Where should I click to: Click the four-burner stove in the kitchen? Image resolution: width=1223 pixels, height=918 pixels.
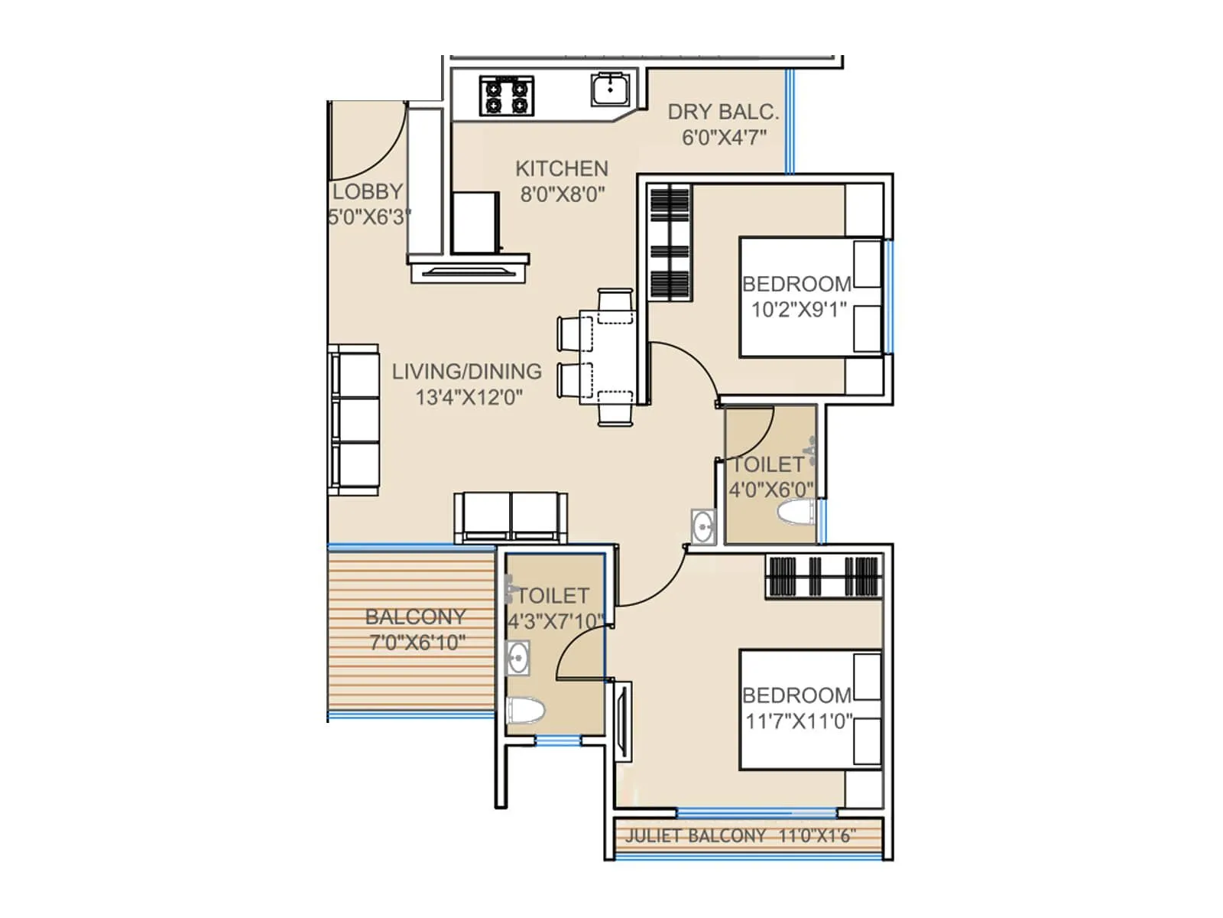(x=506, y=96)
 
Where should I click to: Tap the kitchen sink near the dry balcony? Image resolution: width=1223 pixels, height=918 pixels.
(x=611, y=90)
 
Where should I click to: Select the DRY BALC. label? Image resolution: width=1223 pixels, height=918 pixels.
(x=723, y=112)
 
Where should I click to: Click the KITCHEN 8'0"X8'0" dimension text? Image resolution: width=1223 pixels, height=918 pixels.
(x=563, y=194)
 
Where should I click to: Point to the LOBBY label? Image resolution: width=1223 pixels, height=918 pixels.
(x=368, y=191)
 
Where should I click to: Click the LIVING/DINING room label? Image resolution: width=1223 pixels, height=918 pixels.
(x=466, y=372)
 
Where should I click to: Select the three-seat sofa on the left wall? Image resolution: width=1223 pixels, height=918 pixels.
(x=355, y=419)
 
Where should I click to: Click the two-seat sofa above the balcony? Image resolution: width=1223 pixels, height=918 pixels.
(x=511, y=516)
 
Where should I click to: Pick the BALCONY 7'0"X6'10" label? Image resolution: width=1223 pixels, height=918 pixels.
(x=416, y=629)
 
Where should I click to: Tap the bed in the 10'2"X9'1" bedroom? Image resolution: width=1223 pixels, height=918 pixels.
(x=810, y=297)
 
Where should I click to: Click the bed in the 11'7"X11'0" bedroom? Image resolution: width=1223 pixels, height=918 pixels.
(x=810, y=708)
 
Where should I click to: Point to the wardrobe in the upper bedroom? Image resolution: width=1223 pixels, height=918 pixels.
(x=670, y=243)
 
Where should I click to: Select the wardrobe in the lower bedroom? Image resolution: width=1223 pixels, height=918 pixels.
(x=824, y=576)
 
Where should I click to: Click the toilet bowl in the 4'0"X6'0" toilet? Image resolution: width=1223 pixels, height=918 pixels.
(x=795, y=513)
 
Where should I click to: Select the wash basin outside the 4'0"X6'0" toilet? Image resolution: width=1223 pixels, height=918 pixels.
(x=702, y=526)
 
